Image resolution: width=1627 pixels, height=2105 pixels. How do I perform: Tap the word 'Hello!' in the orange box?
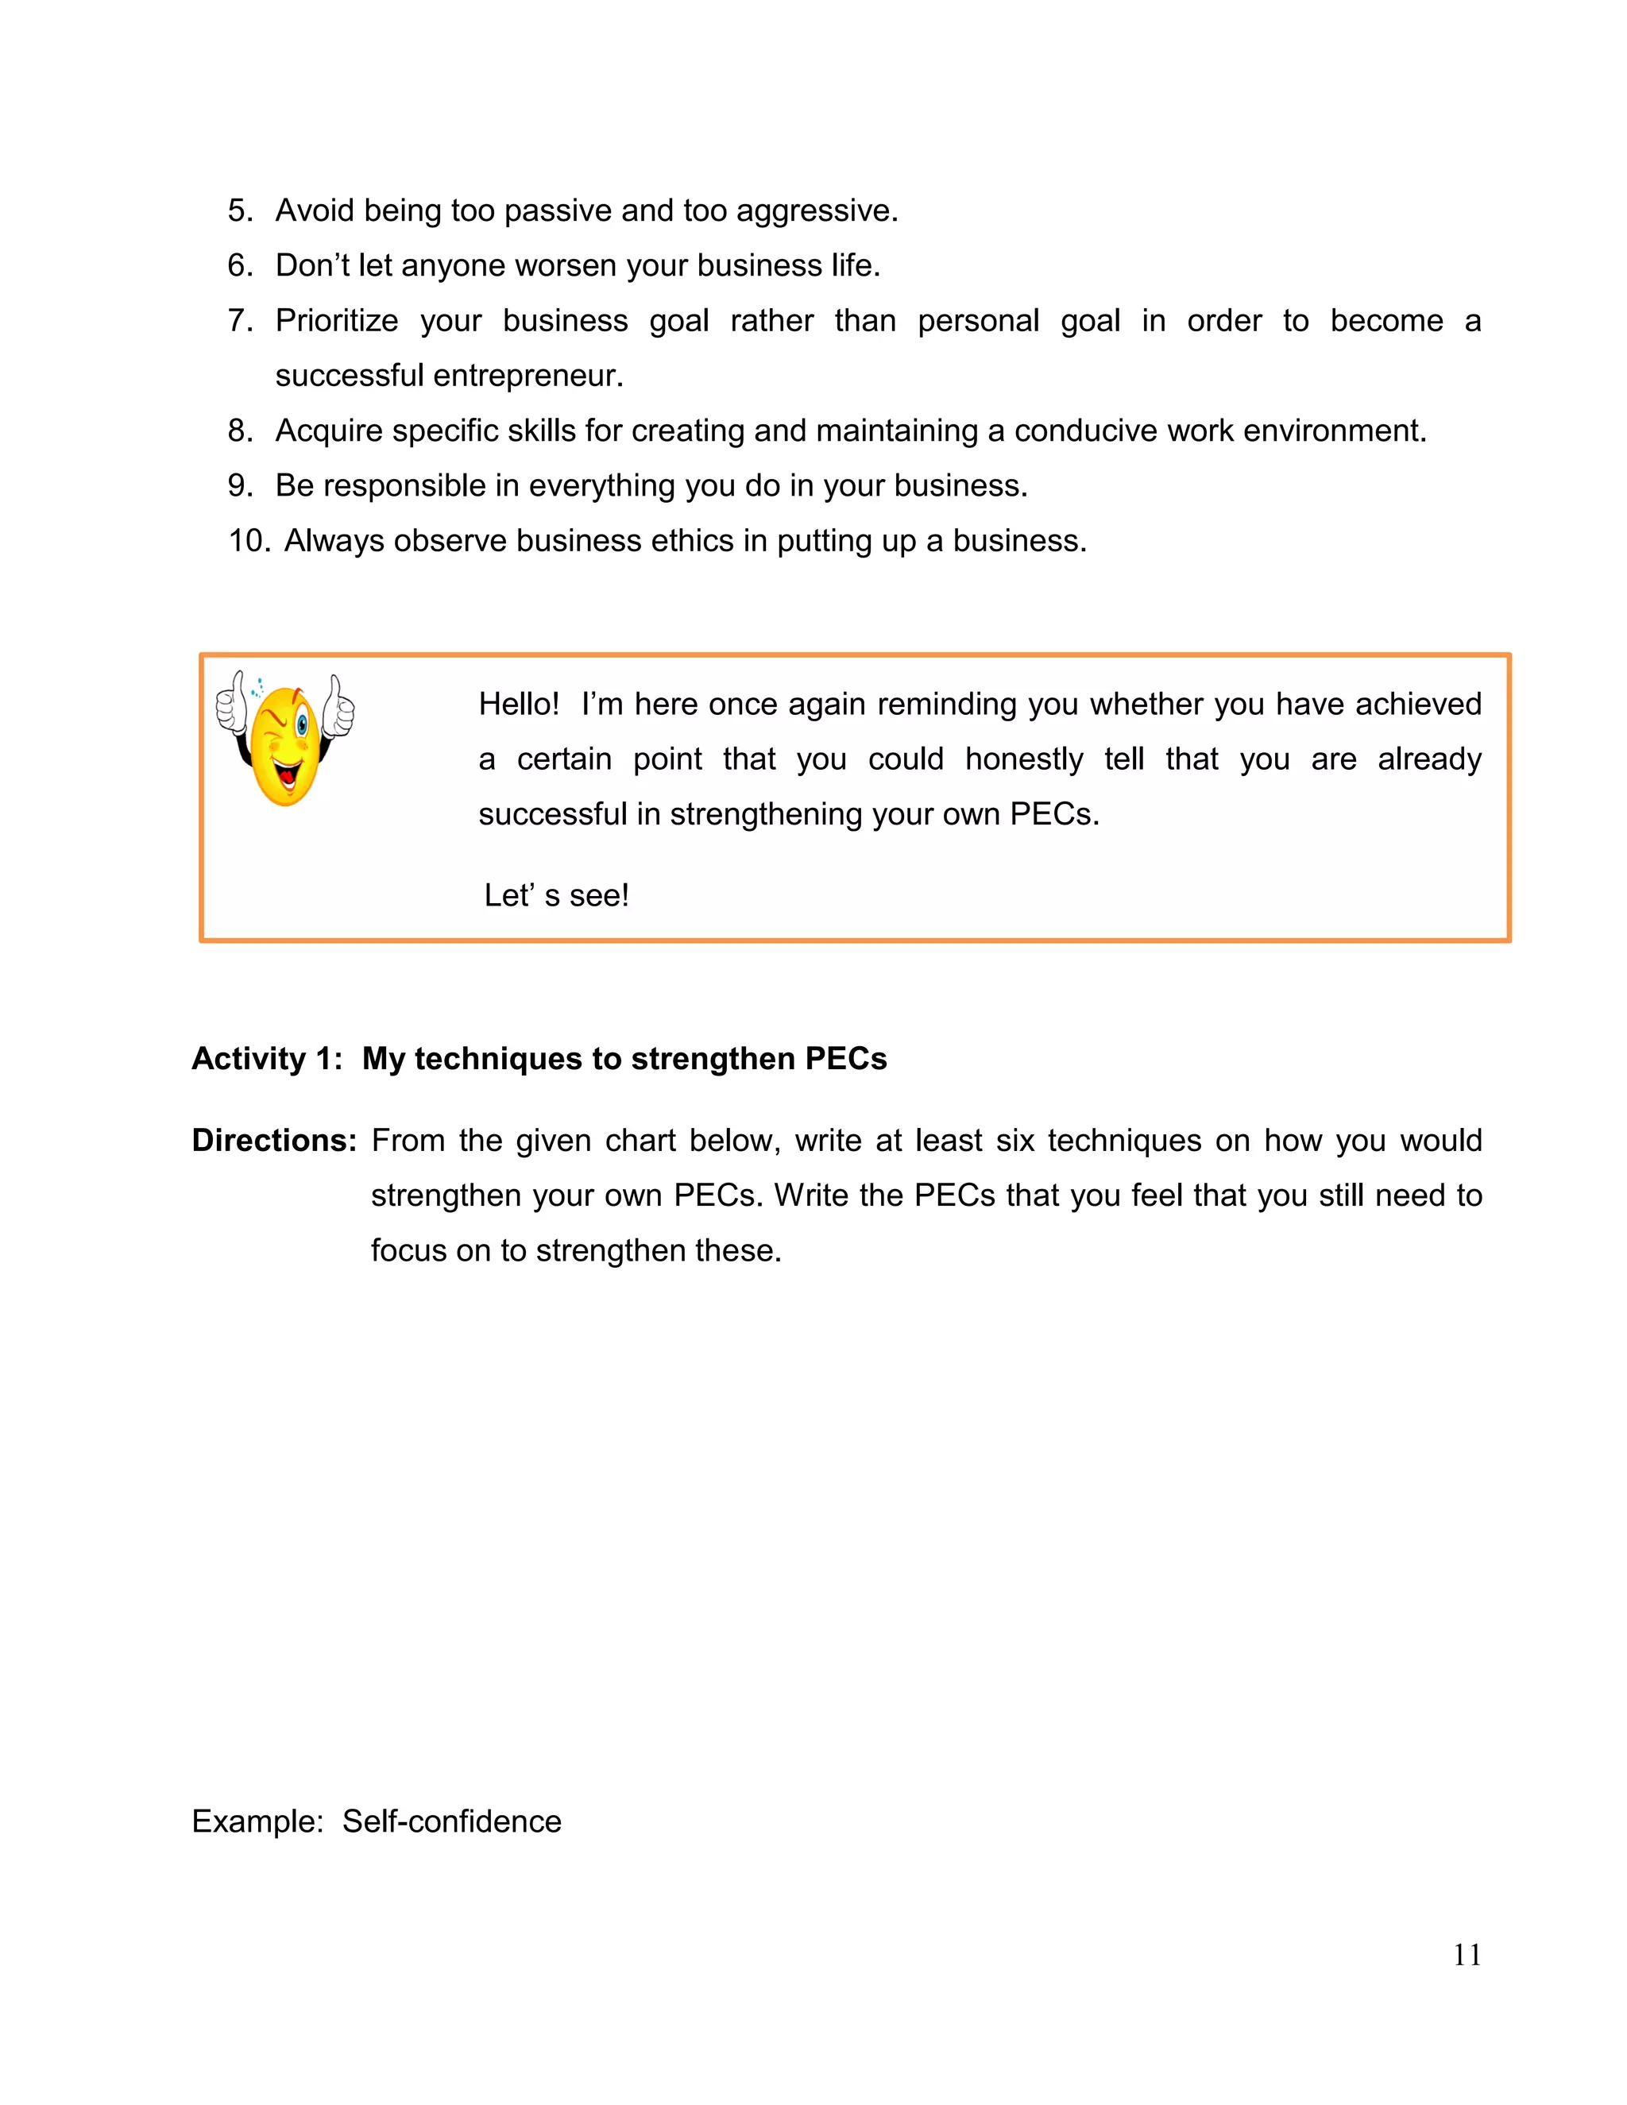pyautogui.click(x=519, y=705)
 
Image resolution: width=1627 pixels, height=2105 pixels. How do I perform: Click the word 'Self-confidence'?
pyautogui.click(x=451, y=1821)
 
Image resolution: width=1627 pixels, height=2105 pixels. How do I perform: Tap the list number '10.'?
pyautogui.click(x=249, y=541)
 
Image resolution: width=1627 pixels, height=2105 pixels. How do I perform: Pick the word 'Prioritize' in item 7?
pyautogui.click(x=336, y=321)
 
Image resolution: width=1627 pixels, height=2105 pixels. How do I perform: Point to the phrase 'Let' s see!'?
pyautogui.click(x=556, y=895)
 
